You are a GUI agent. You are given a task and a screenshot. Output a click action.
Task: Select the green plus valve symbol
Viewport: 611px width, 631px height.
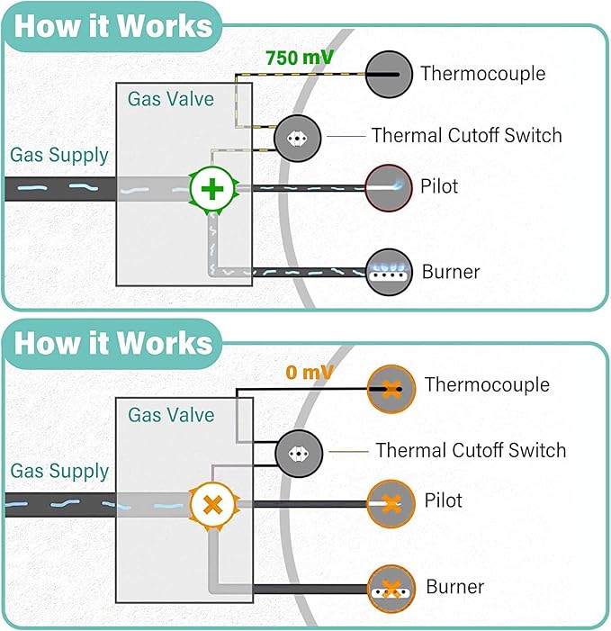[x=212, y=189]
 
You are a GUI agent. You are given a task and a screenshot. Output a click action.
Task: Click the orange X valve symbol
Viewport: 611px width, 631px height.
[x=212, y=503]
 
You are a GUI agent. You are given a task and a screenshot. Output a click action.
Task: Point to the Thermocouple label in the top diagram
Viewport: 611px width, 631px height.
[x=482, y=74]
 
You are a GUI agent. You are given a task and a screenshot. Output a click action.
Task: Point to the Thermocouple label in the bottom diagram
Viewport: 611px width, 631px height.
[x=487, y=385]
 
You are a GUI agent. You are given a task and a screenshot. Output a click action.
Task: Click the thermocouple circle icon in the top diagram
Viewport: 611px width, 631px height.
[x=389, y=74]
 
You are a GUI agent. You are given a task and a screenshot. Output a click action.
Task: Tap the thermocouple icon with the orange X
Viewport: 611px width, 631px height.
[x=391, y=388]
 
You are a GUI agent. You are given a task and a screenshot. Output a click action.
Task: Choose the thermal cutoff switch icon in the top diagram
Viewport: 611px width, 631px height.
[x=297, y=139]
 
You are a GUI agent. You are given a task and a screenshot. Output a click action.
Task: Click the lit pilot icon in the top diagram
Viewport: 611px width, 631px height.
[x=388, y=187]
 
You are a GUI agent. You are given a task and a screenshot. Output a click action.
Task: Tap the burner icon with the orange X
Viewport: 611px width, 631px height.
[x=391, y=589]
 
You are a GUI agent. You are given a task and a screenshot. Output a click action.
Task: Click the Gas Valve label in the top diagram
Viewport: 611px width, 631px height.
[x=171, y=98]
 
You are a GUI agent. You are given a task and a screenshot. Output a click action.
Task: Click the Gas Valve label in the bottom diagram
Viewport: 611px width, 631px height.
[x=171, y=415]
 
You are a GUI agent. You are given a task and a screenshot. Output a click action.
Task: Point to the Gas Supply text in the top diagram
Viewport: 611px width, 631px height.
[x=59, y=155]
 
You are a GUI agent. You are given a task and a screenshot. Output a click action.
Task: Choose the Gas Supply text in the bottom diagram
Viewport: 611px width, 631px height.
[x=59, y=471]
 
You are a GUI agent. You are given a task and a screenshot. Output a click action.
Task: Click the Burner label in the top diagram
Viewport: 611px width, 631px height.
[x=451, y=271]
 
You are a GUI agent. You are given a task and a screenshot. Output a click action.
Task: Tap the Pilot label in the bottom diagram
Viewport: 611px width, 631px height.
[x=443, y=500]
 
